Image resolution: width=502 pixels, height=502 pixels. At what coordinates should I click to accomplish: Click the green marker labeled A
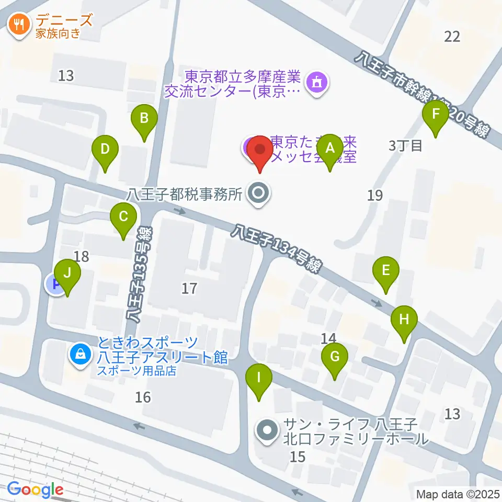pos(329,147)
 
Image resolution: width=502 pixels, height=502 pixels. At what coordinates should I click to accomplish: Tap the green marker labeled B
pos(144,118)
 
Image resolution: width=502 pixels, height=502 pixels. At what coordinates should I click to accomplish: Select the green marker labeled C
pos(123,216)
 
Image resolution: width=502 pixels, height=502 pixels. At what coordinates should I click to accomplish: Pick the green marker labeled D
pos(105,149)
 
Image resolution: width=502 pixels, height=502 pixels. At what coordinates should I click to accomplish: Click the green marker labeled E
pos(386,270)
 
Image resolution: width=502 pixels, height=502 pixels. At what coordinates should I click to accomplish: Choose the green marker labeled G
pos(335,357)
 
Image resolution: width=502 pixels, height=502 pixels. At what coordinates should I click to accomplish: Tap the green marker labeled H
pos(404,319)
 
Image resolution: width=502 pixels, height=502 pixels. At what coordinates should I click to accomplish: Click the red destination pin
pos(260,149)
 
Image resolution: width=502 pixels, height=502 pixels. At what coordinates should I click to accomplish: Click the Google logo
pos(36,490)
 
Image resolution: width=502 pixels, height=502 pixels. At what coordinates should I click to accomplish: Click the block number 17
pos(189,288)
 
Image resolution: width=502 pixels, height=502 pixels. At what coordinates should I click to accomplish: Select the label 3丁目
pos(405,145)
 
